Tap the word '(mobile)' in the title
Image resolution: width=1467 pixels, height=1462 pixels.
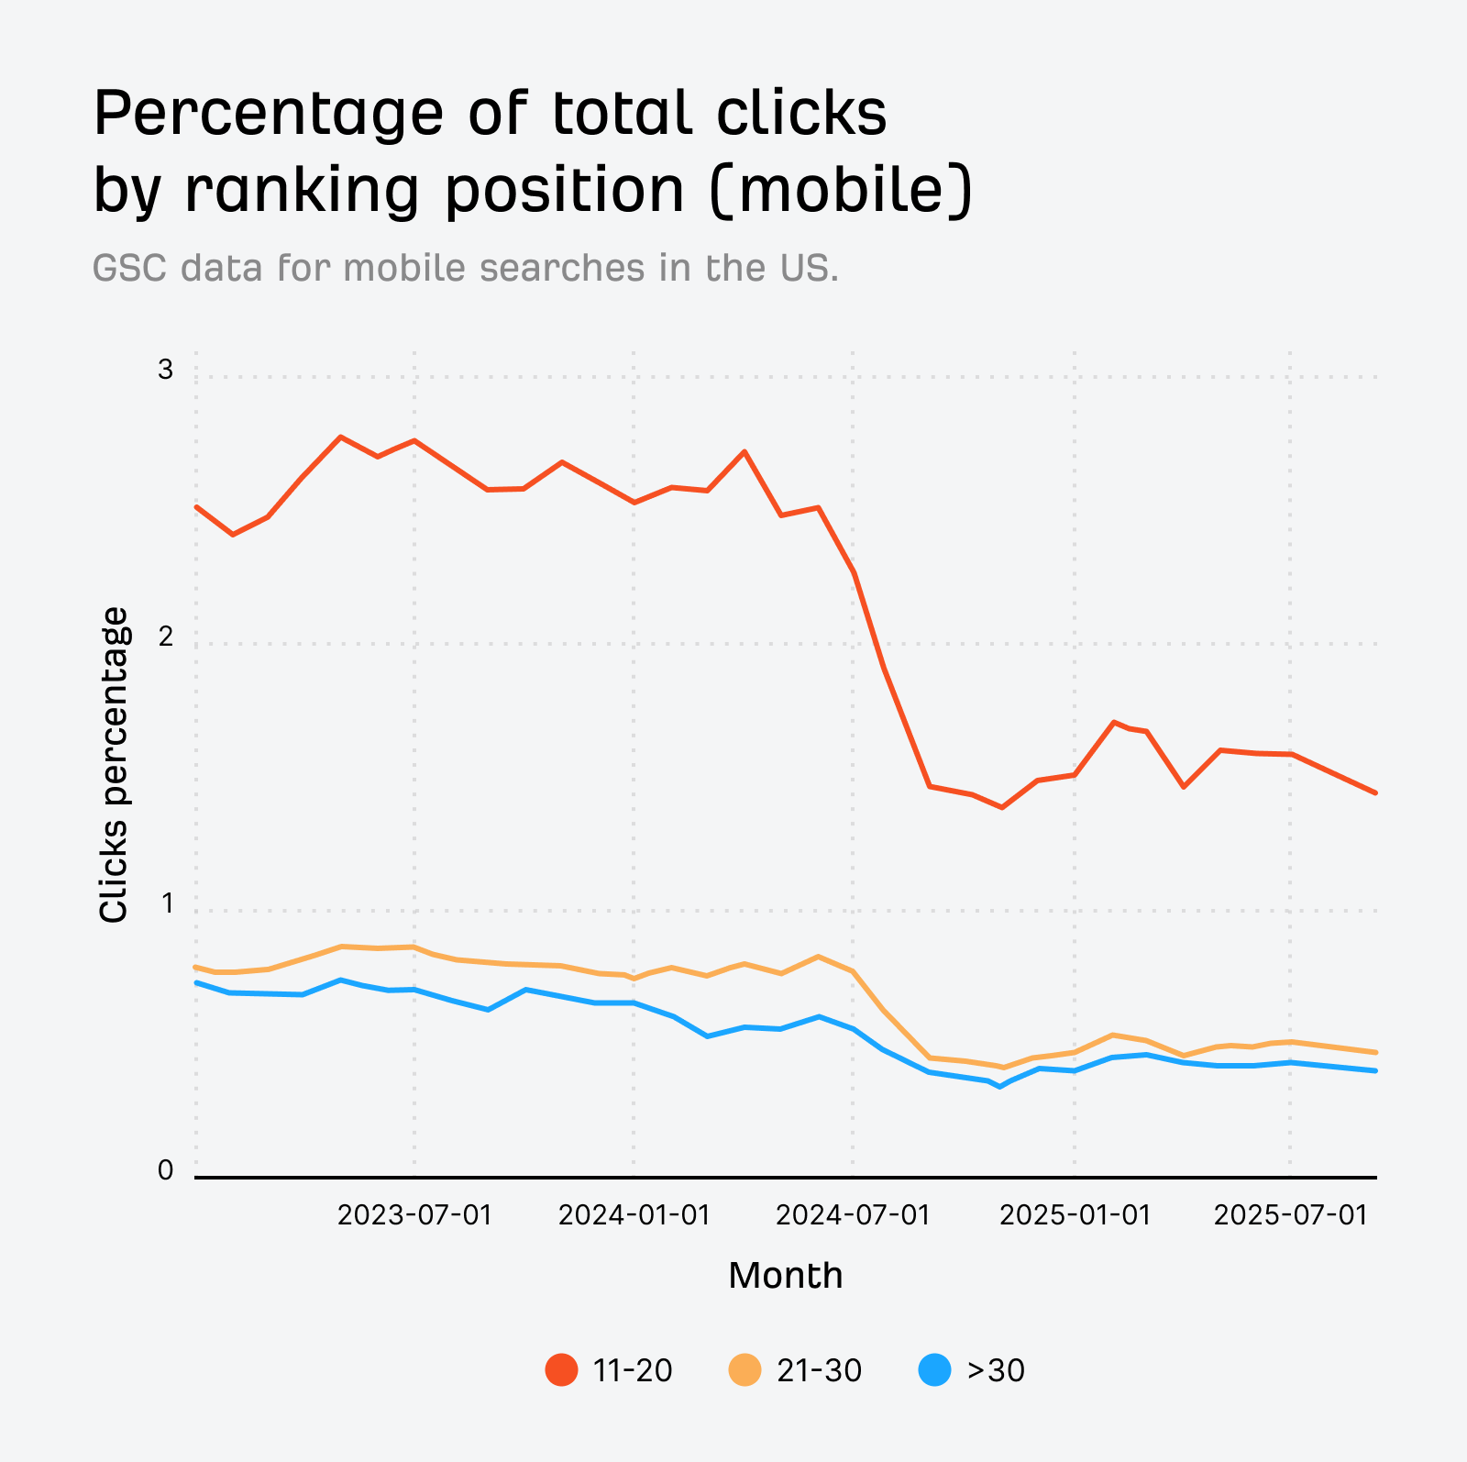coord(841,190)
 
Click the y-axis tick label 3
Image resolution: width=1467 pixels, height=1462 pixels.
coord(165,370)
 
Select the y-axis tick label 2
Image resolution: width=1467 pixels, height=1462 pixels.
coord(165,637)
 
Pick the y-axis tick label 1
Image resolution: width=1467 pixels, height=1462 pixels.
coord(167,903)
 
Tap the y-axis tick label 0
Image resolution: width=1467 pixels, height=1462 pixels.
coord(165,1170)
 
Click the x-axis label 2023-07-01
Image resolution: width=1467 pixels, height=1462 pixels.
coord(414,1215)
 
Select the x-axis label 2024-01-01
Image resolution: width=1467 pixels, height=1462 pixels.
coord(634,1215)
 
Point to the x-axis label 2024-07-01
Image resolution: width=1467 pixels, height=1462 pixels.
coord(853,1215)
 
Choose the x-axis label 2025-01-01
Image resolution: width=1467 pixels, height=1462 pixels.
coord(1075,1215)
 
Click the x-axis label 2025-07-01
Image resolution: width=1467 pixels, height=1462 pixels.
coord(1290,1215)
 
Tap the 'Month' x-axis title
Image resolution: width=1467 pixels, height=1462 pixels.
coord(785,1276)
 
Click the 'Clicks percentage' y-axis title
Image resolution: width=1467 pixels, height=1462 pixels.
coord(114,765)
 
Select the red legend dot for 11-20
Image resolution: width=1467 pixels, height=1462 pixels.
coord(561,1370)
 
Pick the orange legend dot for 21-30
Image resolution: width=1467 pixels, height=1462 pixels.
coord(745,1370)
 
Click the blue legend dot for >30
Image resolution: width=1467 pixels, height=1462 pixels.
coord(934,1370)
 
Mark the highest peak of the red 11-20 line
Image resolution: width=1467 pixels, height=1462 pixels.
coord(340,437)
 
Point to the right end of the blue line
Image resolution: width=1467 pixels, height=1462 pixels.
coord(1376,1070)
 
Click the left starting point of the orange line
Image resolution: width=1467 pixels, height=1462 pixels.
coord(196,967)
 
